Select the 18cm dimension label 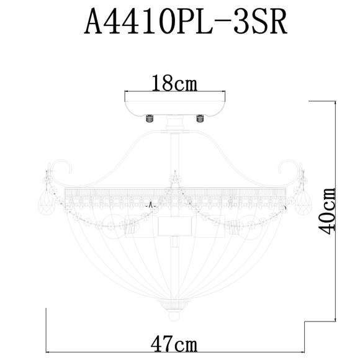click(175, 82)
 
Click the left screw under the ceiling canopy click(149, 117)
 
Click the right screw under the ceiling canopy click(200, 117)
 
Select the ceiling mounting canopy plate click(175, 107)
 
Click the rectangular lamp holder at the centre click(174, 226)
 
